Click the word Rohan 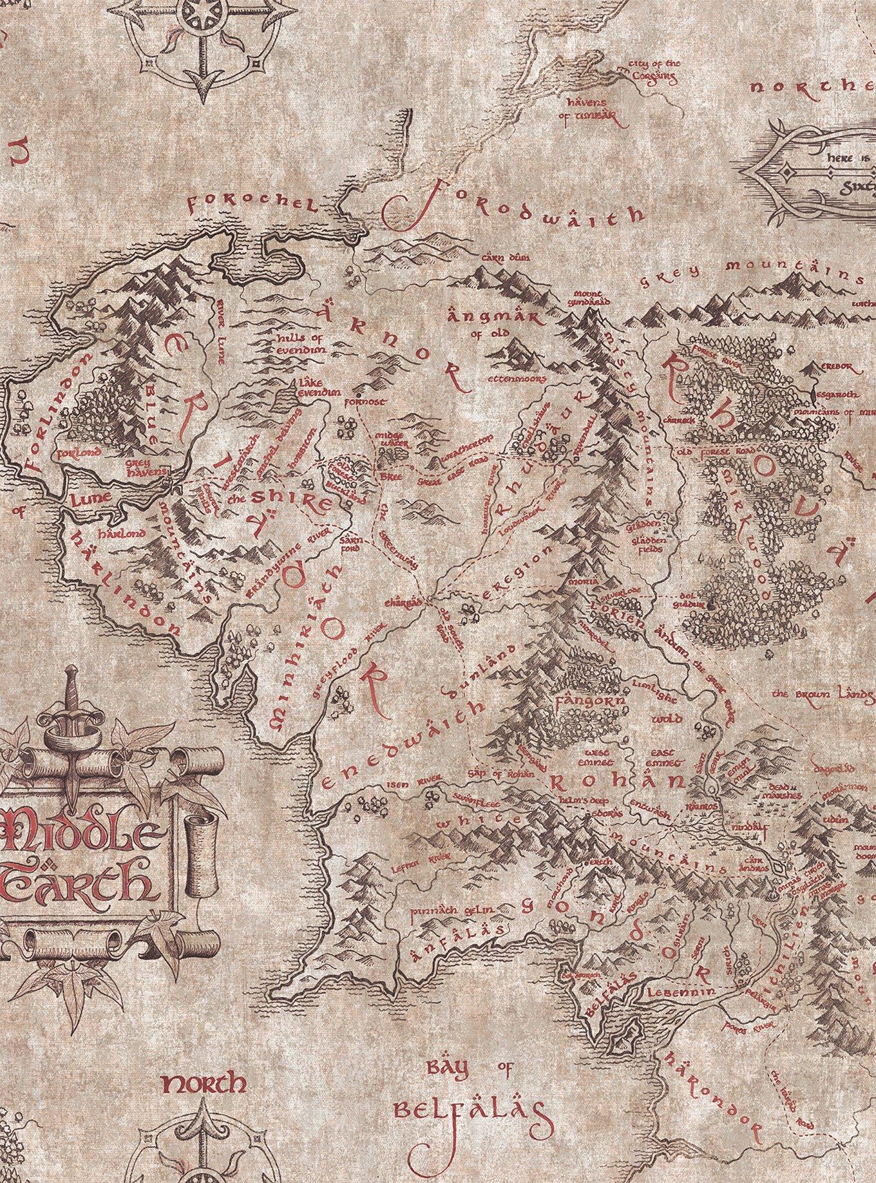coord(616,782)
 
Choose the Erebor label coord(837,367)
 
